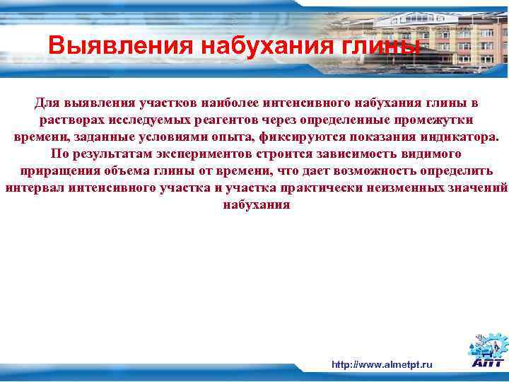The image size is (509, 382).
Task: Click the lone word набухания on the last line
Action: [256, 205]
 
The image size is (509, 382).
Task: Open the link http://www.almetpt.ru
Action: [382, 364]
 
